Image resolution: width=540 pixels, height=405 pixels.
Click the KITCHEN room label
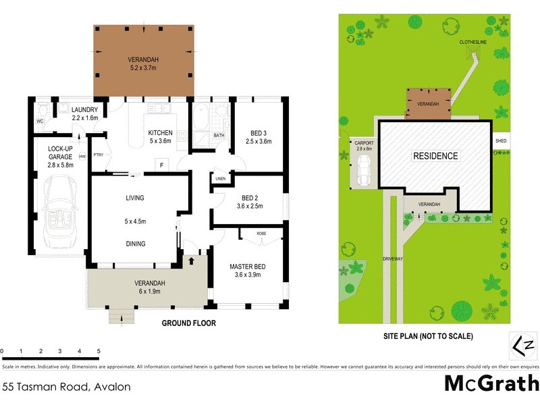[x=161, y=133]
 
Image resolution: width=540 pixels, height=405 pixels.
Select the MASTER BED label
[x=247, y=267]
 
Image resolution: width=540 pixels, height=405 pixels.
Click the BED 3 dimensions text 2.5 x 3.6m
[x=256, y=142]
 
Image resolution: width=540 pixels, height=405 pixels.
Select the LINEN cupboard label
[x=221, y=179]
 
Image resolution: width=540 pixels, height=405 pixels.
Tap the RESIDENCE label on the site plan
[x=435, y=156]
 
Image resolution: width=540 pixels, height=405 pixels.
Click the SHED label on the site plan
[x=501, y=141]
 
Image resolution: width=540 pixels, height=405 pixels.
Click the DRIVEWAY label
[x=392, y=259]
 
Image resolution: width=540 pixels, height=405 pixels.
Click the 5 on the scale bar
[x=99, y=352]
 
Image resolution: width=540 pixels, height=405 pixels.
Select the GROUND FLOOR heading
[x=188, y=323]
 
